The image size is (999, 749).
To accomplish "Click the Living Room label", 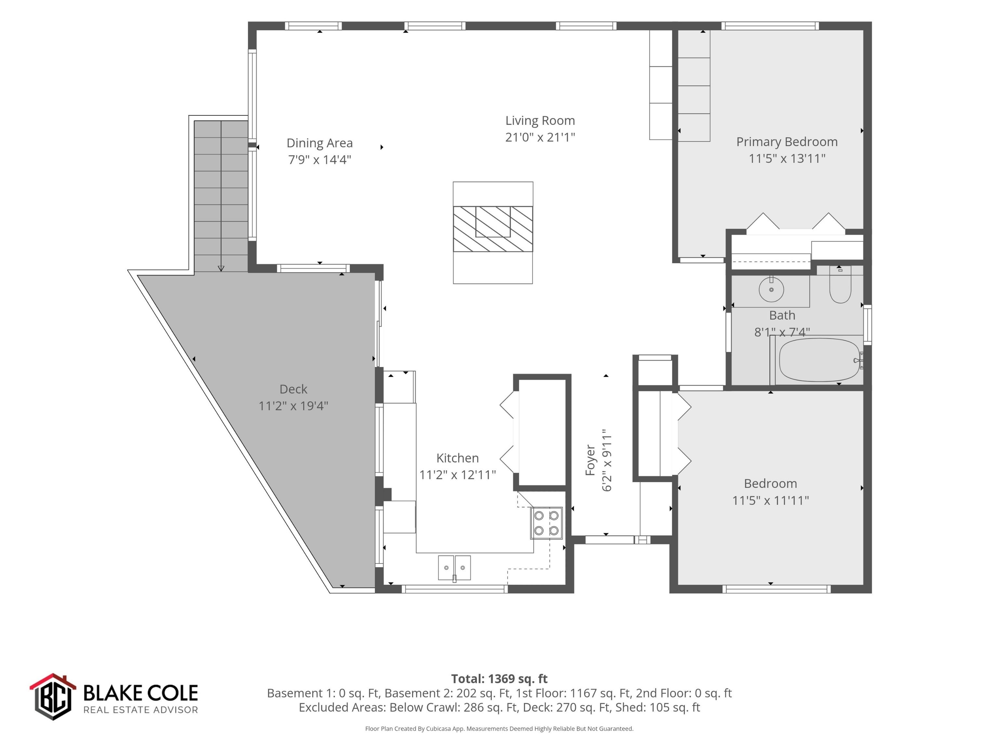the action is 540,121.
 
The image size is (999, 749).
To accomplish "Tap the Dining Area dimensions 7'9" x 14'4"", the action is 320,159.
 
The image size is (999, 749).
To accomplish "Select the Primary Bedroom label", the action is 787,142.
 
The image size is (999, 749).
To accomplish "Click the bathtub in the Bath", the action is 820,360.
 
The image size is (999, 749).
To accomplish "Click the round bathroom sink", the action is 771,289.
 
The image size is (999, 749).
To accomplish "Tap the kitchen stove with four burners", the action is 546,523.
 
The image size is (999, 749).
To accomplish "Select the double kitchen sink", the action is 454,568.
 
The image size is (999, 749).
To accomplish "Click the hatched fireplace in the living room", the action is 493,229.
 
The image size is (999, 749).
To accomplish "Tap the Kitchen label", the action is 458,458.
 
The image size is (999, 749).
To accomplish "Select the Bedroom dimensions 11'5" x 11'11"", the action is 770,500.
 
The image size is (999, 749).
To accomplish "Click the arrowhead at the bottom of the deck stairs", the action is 221,269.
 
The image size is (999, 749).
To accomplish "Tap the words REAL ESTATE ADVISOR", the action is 140,710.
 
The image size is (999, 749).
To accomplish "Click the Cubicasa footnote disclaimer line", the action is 499,729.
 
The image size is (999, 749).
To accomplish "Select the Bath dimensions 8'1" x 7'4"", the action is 782,332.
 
